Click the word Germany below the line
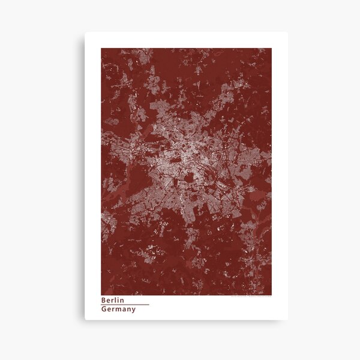pyautogui.click(x=118, y=310)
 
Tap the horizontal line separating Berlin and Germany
pyautogui.click(x=125, y=305)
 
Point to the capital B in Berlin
pyautogui.click(x=104, y=300)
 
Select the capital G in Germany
pyautogui.click(x=104, y=310)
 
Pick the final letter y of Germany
pyautogui.click(x=133, y=310)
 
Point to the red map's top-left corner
pyautogui.click(x=101, y=49)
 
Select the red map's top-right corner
pyautogui.click(x=271, y=49)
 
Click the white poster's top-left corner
pyautogui.click(x=85, y=32)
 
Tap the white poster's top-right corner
pyautogui.click(x=287, y=32)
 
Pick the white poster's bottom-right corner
pyautogui.click(x=287, y=320)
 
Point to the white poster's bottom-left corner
pyautogui.click(x=85, y=320)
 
